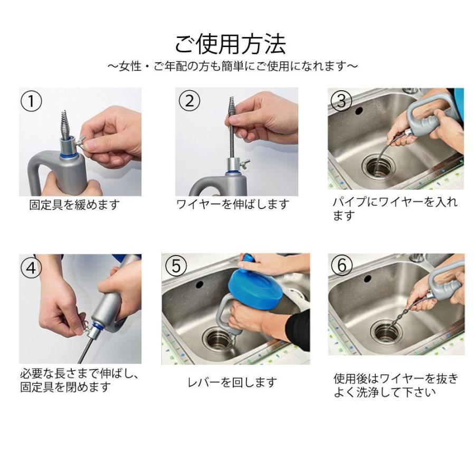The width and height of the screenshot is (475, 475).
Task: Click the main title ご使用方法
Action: (x=230, y=44)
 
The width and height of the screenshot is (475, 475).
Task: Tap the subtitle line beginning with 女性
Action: (x=233, y=66)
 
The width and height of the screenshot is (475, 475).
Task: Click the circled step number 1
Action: (x=31, y=101)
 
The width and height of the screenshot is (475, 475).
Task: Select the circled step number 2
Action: (x=189, y=100)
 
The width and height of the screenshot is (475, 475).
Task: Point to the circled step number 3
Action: (x=341, y=101)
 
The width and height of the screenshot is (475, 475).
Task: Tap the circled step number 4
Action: (x=31, y=268)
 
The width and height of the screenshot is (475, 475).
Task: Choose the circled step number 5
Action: (x=176, y=266)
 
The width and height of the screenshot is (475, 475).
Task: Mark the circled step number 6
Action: (x=341, y=265)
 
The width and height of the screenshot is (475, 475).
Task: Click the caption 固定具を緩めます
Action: (x=74, y=204)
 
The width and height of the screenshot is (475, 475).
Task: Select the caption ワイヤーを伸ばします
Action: (x=233, y=204)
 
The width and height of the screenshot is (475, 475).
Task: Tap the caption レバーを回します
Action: (x=232, y=382)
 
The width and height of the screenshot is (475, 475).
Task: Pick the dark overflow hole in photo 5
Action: (x=199, y=284)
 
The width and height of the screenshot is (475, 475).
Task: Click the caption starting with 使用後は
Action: (x=396, y=385)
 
